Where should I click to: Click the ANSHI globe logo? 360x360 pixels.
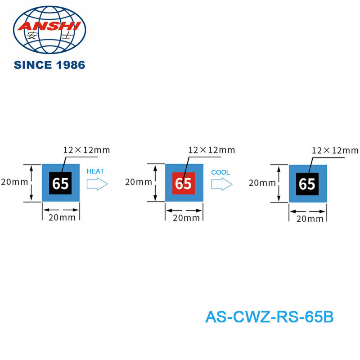49,30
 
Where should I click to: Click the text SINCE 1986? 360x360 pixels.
49,65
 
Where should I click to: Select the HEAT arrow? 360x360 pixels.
97,184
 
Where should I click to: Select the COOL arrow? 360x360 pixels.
221,184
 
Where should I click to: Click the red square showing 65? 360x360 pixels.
183,183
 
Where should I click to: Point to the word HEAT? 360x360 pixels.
95,171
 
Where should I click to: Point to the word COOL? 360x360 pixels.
220,172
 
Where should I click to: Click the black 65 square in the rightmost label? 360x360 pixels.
307,184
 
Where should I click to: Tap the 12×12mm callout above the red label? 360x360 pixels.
211,149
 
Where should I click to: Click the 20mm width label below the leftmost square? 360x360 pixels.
61,218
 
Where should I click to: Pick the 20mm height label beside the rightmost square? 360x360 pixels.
262,183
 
